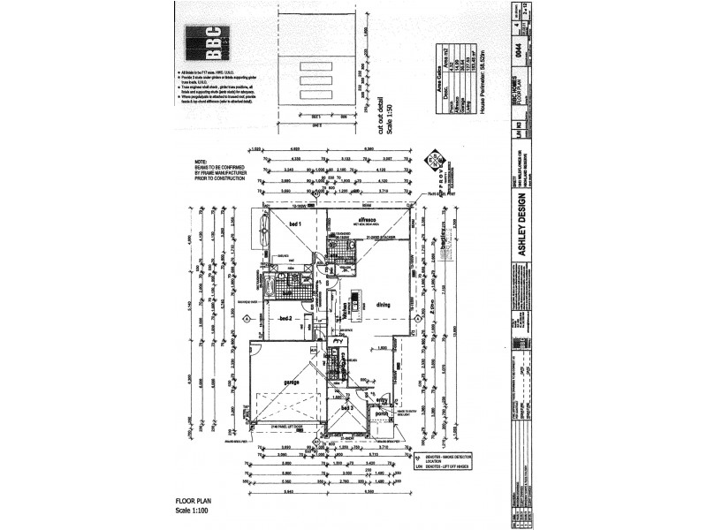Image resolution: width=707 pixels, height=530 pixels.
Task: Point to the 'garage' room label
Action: (x=289, y=382)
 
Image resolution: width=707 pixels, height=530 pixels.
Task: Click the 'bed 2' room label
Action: (x=285, y=318)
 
